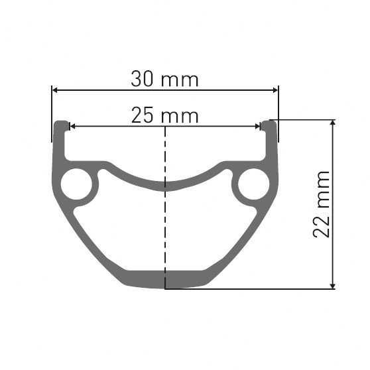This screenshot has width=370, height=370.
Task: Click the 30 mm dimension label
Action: click(164, 80)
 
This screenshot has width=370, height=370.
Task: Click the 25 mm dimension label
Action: click(164, 116)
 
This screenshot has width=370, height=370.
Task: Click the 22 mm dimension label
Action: click(322, 204)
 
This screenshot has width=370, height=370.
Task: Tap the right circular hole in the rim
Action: click(253, 184)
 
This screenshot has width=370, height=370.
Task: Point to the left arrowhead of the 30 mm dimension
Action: click(55, 90)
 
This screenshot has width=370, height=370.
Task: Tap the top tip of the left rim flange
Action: click(61, 123)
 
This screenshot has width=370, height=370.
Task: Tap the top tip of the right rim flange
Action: click(269, 123)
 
